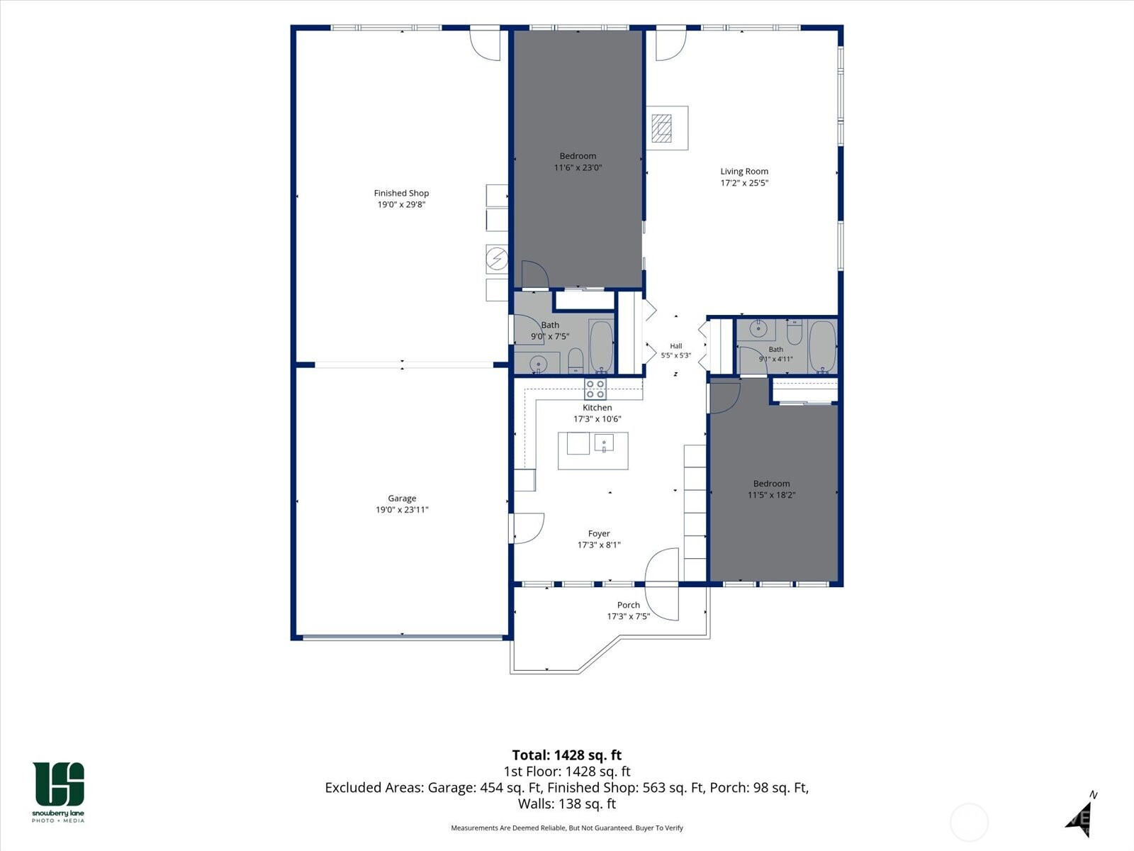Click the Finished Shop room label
(x=401, y=193)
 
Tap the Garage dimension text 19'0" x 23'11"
(x=402, y=509)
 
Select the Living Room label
(x=744, y=171)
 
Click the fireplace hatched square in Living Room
(x=661, y=128)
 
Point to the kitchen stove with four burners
(x=595, y=389)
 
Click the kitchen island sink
(x=603, y=443)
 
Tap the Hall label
(x=675, y=345)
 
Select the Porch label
(x=628, y=604)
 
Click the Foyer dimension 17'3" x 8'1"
(x=599, y=545)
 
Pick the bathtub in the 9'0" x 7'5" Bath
(x=601, y=345)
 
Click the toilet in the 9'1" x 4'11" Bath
(x=794, y=333)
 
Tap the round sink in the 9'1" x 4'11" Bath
(x=758, y=329)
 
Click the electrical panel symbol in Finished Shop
(x=497, y=258)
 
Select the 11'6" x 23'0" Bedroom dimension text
(x=578, y=167)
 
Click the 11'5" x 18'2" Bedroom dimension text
(x=771, y=495)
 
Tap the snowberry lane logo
(x=58, y=792)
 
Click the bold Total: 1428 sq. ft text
(x=567, y=755)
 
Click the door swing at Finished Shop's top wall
(x=485, y=45)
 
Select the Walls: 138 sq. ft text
(x=567, y=803)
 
